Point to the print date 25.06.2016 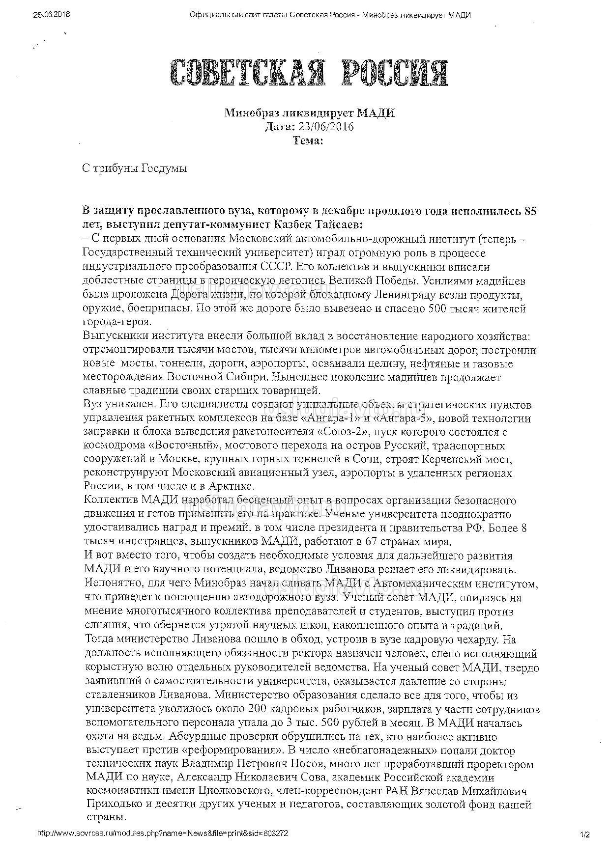click(x=51, y=15)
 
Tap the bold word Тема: click(x=308, y=140)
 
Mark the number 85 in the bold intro click(x=530, y=211)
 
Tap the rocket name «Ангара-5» click(x=405, y=418)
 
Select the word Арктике click(x=233, y=487)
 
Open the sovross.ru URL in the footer click(x=163, y=834)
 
